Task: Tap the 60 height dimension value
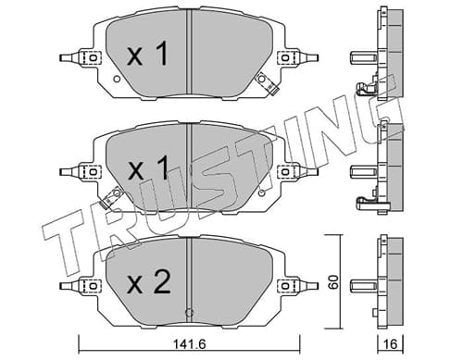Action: coord(333,281)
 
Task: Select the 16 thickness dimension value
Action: coord(390,344)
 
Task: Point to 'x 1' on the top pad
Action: coord(147,54)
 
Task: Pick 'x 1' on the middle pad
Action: coord(148,168)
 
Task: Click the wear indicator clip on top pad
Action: coord(268,82)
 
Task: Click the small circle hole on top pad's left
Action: coord(117,80)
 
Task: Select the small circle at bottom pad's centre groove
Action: coord(189,313)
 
